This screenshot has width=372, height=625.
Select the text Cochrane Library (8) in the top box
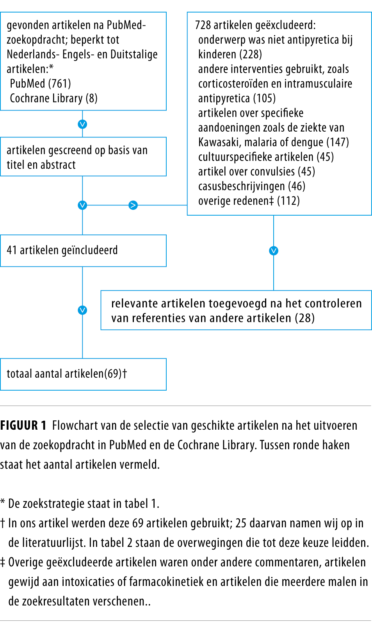[x=53, y=98]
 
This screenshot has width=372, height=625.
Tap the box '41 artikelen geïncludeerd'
[x=83, y=250]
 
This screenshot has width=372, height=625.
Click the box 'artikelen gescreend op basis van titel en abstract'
[x=83, y=157]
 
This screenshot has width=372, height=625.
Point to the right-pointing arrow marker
[x=133, y=205]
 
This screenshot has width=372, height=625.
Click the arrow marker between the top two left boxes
[x=82, y=124]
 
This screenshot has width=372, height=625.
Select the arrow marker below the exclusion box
[x=274, y=251]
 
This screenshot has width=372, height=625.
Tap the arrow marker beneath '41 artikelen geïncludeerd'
[x=82, y=310]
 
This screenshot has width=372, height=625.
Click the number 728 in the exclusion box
[x=203, y=25]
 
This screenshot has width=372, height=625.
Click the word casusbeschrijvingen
[x=241, y=186]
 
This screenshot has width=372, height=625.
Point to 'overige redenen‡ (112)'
[x=249, y=201]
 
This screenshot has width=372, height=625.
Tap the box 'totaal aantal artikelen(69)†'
[x=83, y=374]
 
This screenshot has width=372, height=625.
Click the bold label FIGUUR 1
[x=23, y=425]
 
